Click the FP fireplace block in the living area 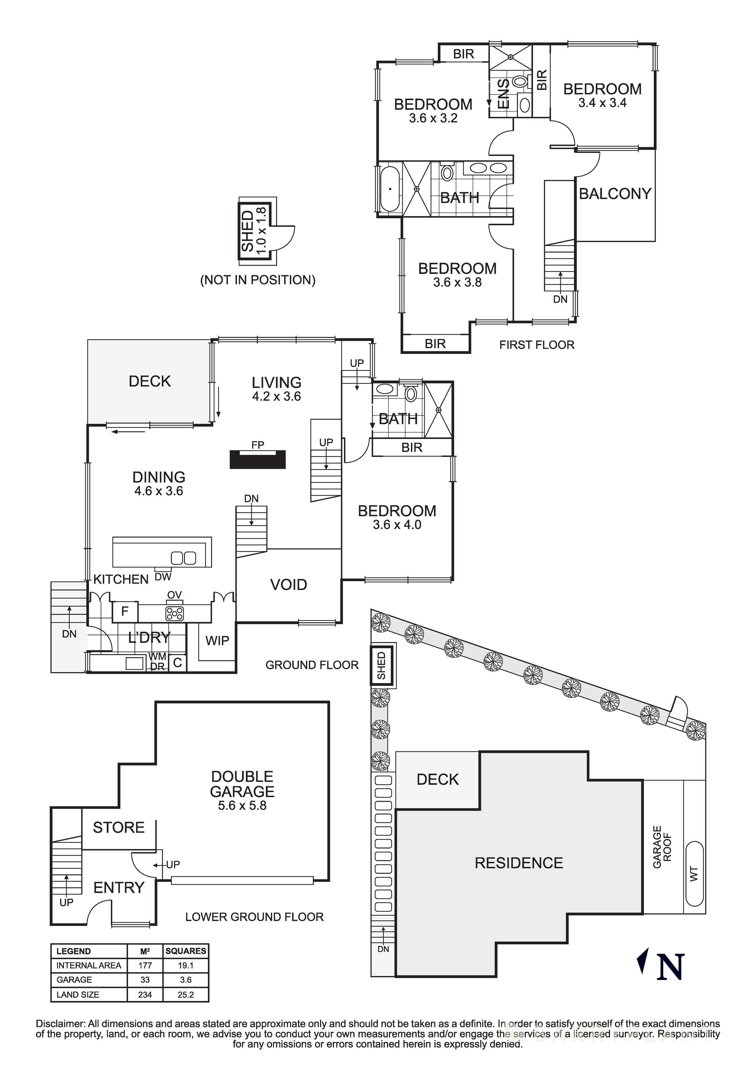[x=257, y=460]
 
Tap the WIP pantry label [x=217, y=641]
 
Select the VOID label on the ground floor [x=289, y=585]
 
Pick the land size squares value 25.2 [x=185, y=995]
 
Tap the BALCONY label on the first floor [x=615, y=194]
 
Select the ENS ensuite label [x=504, y=94]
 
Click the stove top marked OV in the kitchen [x=174, y=613]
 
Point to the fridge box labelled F [x=125, y=611]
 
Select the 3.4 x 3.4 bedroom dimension [x=602, y=103]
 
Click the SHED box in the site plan [x=382, y=666]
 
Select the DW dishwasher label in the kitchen [x=163, y=577]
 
